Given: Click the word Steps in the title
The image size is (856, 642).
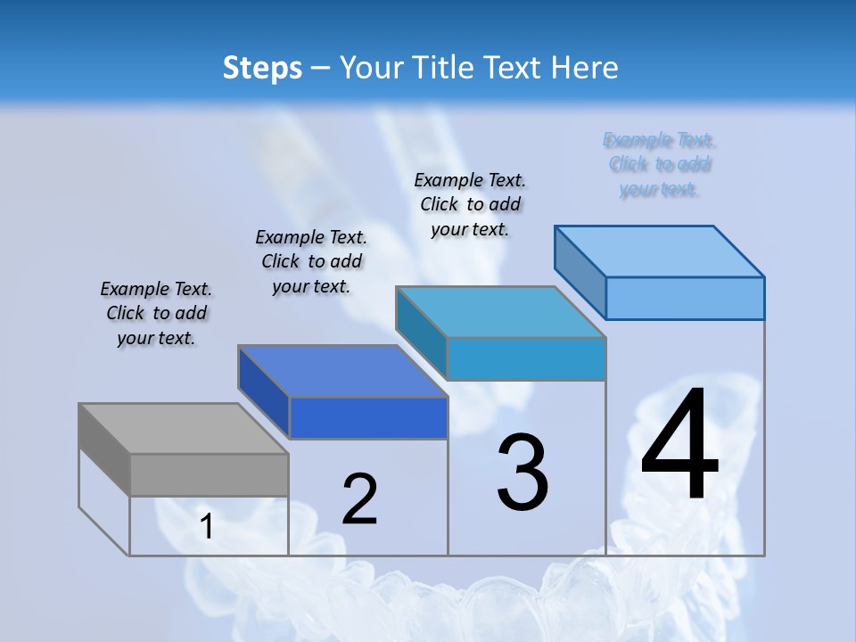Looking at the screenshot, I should click(x=261, y=68).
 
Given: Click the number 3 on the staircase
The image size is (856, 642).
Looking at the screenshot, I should click(x=523, y=472).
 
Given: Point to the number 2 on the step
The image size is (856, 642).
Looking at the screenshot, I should click(x=359, y=499).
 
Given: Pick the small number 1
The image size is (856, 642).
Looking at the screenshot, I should click(x=206, y=527).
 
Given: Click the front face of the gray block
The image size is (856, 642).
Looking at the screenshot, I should click(x=209, y=474).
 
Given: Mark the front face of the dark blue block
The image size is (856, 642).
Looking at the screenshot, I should click(x=368, y=417).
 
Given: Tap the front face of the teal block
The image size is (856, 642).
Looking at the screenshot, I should click(x=526, y=358).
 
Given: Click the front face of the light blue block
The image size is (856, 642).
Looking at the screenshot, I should click(x=685, y=298).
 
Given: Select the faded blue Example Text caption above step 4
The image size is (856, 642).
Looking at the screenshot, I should click(x=660, y=164).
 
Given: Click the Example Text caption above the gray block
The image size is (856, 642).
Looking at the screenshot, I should click(x=156, y=313).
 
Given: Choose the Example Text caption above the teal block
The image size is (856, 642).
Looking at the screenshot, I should click(x=470, y=204).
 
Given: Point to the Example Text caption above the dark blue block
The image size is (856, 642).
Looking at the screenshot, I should click(x=311, y=261).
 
